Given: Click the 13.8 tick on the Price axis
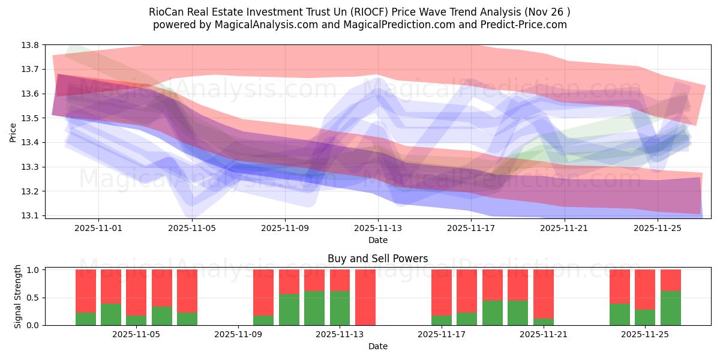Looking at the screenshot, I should coord(31,45).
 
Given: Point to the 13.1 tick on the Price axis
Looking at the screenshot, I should coord(31,215).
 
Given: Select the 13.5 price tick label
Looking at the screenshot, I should coord(31,118).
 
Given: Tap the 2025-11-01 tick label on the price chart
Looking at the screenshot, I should coord(99,228).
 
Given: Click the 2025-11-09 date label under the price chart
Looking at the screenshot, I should coord(285,228).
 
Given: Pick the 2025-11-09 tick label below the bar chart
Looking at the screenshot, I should coord(238,335).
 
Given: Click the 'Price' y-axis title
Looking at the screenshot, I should coord(13,131).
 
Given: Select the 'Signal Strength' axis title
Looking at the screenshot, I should coord(18,297).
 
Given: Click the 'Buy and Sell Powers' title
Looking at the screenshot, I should coord(377,259).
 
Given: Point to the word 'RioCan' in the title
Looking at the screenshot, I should coord(164,12).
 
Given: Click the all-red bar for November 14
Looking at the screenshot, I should coord(365,297).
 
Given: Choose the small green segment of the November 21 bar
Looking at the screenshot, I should coord(543,322).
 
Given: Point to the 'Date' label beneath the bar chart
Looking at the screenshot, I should coord(377,346).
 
